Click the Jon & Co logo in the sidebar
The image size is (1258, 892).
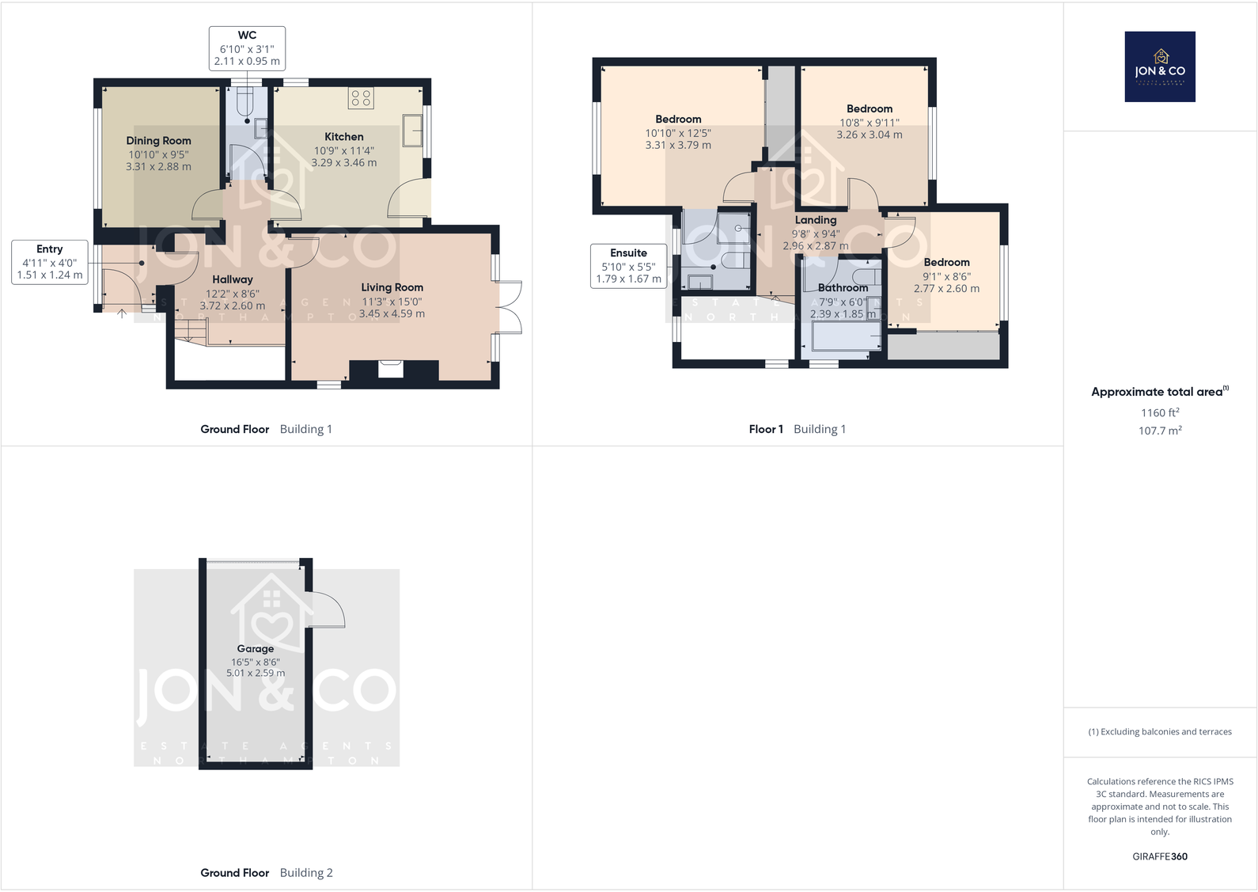pyautogui.click(x=1159, y=66)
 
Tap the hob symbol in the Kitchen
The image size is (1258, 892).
pyautogui.click(x=361, y=98)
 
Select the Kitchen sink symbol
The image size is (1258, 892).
pyautogui.click(x=412, y=131)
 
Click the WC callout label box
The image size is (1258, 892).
pyautogui.click(x=247, y=48)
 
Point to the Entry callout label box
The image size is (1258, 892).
pyautogui.click(x=49, y=262)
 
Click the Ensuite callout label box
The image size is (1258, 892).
pyautogui.click(x=628, y=266)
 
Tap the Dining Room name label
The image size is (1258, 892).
pyautogui.click(x=158, y=141)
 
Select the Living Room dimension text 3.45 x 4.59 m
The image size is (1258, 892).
pyautogui.click(x=392, y=314)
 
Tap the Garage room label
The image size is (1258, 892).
pyautogui.click(x=255, y=649)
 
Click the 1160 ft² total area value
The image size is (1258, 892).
pyautogui.click(x=1159, y=412)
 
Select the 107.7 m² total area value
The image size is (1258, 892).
pyautogui.click(x=1159, y=431)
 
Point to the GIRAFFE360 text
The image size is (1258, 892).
pyautogui.click(x=1159, y=856)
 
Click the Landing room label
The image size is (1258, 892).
pyautogui.click(x=815, y=220)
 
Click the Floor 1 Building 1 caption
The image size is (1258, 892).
pyautogui.click(x=797, y=429)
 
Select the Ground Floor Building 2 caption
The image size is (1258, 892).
pyautogui.click(x=266, y=873)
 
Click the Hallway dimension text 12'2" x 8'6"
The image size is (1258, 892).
pyautogui.click(x=233, y=294)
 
